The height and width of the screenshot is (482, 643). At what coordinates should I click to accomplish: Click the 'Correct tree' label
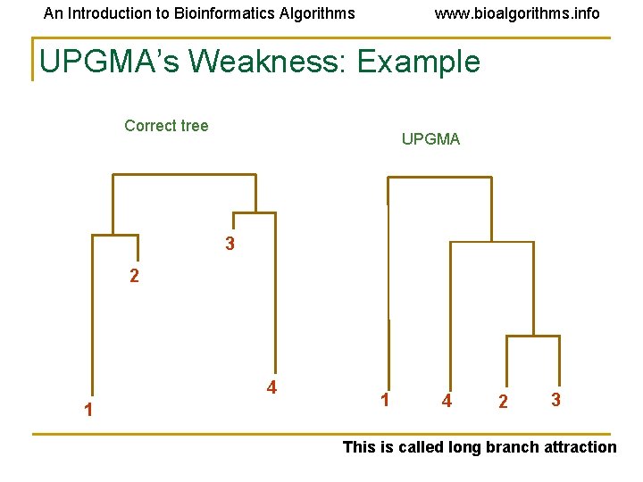(x=166, y=126)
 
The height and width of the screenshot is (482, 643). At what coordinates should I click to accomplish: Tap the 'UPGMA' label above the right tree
(x=430, y=139)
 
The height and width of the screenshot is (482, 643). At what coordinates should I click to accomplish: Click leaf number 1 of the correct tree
(x=88, y=411)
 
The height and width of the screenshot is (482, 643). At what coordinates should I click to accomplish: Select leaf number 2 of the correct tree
(x=134, y=277)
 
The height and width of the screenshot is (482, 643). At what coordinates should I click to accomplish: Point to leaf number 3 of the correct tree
(x=230, y=244)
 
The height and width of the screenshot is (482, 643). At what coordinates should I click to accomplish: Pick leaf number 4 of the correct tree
(x=271, y=387)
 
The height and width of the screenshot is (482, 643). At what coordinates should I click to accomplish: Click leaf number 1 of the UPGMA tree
(x=384, y=400)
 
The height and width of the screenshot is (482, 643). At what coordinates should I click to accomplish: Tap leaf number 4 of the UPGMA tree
(x=447, y=402)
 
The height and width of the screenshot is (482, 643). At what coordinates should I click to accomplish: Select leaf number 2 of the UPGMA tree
(x=503, y=402)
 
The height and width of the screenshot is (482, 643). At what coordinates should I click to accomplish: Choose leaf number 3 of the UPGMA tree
(x=555, y=400)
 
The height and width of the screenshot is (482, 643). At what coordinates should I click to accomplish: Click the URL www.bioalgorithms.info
(x=517, y=13)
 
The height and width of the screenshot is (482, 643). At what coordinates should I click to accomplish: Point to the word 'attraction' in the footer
(x=574, y=447)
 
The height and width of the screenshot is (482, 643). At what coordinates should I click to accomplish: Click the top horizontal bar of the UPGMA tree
(x=439, y=178)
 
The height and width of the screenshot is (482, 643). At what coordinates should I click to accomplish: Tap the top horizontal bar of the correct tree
(x=184, y=175)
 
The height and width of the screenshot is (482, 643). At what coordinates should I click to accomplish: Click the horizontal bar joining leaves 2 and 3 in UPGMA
(x=533, y=337)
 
